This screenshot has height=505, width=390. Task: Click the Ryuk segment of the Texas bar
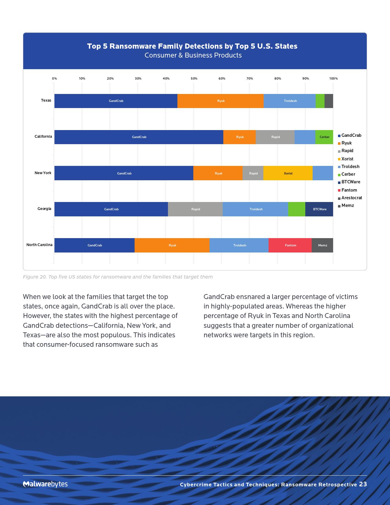click(221, 101)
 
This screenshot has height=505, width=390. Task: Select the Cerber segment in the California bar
click(324, 137)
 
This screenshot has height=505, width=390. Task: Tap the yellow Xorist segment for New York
click(288, 173)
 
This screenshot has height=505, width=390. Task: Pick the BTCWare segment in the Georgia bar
click(319, 209)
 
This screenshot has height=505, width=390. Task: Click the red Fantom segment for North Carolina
click(290, 245)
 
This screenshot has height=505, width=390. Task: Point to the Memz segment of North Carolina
click(322, 245)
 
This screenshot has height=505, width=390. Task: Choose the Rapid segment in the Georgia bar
click(195, 209)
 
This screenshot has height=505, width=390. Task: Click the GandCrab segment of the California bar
click(139, 137)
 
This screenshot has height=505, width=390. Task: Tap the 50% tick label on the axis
click(194, 79)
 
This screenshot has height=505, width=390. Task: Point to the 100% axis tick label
click(333, 79)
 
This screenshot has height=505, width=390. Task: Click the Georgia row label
click(44, 209)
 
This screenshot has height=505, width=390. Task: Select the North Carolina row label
click(39, 245)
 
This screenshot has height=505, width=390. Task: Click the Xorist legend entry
click(347, 159)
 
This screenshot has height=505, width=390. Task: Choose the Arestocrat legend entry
click(351, 198)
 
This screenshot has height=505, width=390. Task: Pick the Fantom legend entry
click(349, 190)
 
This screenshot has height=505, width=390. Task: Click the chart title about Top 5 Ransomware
click(192, 46)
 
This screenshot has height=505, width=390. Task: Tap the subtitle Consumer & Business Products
click(193, 55)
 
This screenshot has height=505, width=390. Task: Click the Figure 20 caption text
click(118, 277)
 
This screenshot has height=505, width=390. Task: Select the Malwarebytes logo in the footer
click(45, 484)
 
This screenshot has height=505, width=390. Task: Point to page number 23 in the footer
click(363, 484)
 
